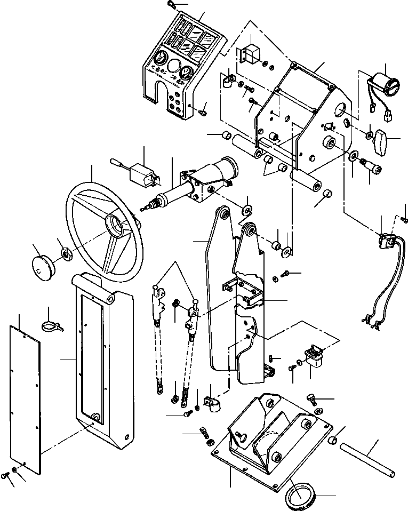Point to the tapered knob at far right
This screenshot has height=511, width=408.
(382, 140)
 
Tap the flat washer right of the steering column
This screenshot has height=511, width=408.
(248, 209)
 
